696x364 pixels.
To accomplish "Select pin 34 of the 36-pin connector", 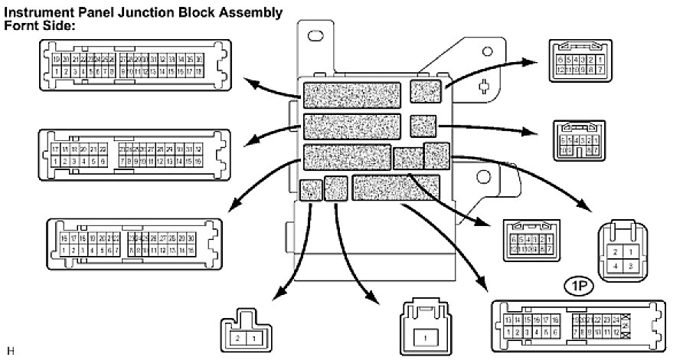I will coord(181,59).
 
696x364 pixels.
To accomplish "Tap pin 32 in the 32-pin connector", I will coord(198,149).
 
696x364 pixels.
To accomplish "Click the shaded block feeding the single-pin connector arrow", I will coord(336,189).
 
